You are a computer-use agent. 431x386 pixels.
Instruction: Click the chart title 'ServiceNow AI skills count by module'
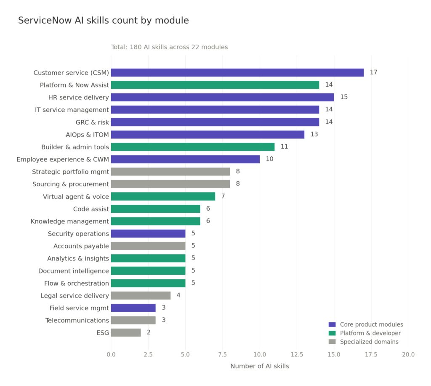[103, 21]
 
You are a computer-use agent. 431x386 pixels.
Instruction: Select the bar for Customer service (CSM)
[237, 72]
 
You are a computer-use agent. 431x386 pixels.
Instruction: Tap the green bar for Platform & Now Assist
[215, 85]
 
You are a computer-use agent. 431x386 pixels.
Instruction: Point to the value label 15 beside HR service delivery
[344, 97]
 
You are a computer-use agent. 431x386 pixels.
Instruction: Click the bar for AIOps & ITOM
[208, 134]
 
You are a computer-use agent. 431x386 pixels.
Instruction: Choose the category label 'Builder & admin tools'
[75, 147]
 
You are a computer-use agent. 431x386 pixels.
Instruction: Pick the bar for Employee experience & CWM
[185, 159]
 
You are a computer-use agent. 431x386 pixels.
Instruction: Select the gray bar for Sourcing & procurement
[170, 184]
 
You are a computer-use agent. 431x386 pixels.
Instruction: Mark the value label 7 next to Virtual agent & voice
[223, 196]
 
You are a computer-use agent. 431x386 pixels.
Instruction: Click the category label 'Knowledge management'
[69, 221]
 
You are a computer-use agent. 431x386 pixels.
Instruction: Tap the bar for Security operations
[148, 233]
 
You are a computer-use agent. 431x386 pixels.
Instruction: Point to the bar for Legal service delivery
[141, 295]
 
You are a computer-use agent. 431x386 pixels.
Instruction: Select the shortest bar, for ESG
[126, 332]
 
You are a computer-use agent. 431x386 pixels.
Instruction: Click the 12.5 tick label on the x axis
[297, 355]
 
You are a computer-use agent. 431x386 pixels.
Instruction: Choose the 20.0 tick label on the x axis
[408, 355]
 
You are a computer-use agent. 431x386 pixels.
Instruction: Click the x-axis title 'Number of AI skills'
[259, 367]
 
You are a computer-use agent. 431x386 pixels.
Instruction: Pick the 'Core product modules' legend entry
[365, 324]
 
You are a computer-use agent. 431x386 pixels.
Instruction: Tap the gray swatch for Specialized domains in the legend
[332, 342]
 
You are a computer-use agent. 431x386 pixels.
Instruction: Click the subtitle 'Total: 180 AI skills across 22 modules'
[169, 47]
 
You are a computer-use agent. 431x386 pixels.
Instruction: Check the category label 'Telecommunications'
[77, 320]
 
